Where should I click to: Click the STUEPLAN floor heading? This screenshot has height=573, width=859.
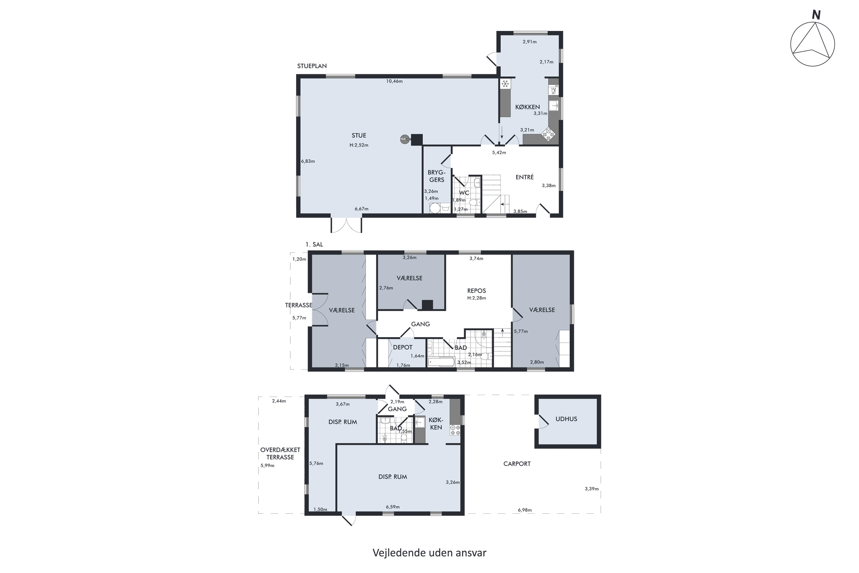click(x=312, y=66)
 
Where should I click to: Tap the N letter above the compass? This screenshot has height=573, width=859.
click(x=816, y=15)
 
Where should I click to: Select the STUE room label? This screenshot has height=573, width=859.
click(x=359, y=136)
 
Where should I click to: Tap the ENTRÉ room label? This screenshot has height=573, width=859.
click(x=525, y=177)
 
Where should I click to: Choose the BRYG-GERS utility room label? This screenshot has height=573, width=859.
click(x=437, y=176)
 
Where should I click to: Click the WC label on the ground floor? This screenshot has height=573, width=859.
click(x=464, y=193)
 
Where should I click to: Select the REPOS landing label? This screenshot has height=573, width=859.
click(x=477, y=291)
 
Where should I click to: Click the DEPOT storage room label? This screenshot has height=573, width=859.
click(x=403, y=348)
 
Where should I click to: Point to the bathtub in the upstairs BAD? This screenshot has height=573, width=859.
click(x=441, y=362)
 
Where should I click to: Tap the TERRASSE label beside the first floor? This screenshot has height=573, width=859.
click(x=298, y=305)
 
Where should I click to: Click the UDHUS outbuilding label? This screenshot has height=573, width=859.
click(x=566, y=419)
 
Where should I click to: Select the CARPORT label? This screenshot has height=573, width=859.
click(x=517, y=464)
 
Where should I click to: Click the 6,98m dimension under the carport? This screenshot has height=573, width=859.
click(x=525, y=510)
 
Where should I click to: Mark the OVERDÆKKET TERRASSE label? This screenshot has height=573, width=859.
click(x=280, y=454)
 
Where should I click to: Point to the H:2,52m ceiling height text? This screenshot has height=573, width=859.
click(x=359, y=145)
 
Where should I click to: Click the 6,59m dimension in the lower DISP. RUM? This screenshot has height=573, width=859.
click(x=393, y=507)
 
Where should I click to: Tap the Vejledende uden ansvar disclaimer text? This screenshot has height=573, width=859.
click(x=429, y=553)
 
